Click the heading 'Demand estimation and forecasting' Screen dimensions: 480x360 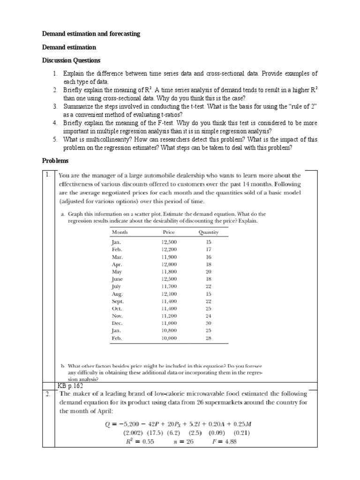91,34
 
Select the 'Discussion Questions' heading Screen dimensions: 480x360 71,60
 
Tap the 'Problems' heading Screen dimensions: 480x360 55,161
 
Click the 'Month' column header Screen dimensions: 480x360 120,232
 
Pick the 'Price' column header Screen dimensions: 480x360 169,232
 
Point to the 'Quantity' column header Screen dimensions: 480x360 209,232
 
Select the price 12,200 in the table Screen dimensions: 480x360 169,250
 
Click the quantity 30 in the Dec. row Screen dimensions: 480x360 209,323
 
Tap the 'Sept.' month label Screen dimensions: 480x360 117,301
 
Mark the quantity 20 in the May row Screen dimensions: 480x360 209,272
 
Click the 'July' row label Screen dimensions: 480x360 116,286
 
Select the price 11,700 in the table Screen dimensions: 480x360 169,286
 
